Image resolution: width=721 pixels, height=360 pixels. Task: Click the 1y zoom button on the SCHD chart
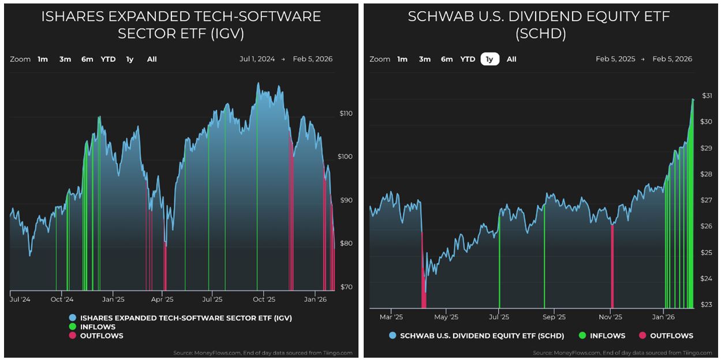point(490,59)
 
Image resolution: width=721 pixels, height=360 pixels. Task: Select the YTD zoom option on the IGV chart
point(108,59)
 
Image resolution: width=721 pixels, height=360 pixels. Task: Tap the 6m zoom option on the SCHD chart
point(447,59)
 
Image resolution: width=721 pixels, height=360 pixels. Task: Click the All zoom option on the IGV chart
point(152,59)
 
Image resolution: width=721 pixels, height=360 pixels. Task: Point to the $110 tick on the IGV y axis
point(346,114)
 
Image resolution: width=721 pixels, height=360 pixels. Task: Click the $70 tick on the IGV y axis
point(346,287)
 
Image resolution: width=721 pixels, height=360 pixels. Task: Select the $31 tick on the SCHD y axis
point(707,96)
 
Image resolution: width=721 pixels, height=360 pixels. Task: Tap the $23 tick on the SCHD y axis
point(707,305)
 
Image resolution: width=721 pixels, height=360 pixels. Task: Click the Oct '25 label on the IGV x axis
point(264,299)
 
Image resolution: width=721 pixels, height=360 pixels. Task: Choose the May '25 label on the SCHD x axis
point(446,317)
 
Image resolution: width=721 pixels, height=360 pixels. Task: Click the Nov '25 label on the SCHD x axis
point(610,317)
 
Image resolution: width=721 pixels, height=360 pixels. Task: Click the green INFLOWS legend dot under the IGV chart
point(72,327)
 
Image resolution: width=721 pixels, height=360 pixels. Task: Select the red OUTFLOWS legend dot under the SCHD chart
point(642,335)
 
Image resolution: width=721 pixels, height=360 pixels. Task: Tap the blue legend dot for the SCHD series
point(393,335)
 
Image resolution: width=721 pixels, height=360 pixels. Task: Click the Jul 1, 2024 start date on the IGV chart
point(257,59)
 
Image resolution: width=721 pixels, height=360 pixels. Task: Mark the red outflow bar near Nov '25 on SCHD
point(612,265)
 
